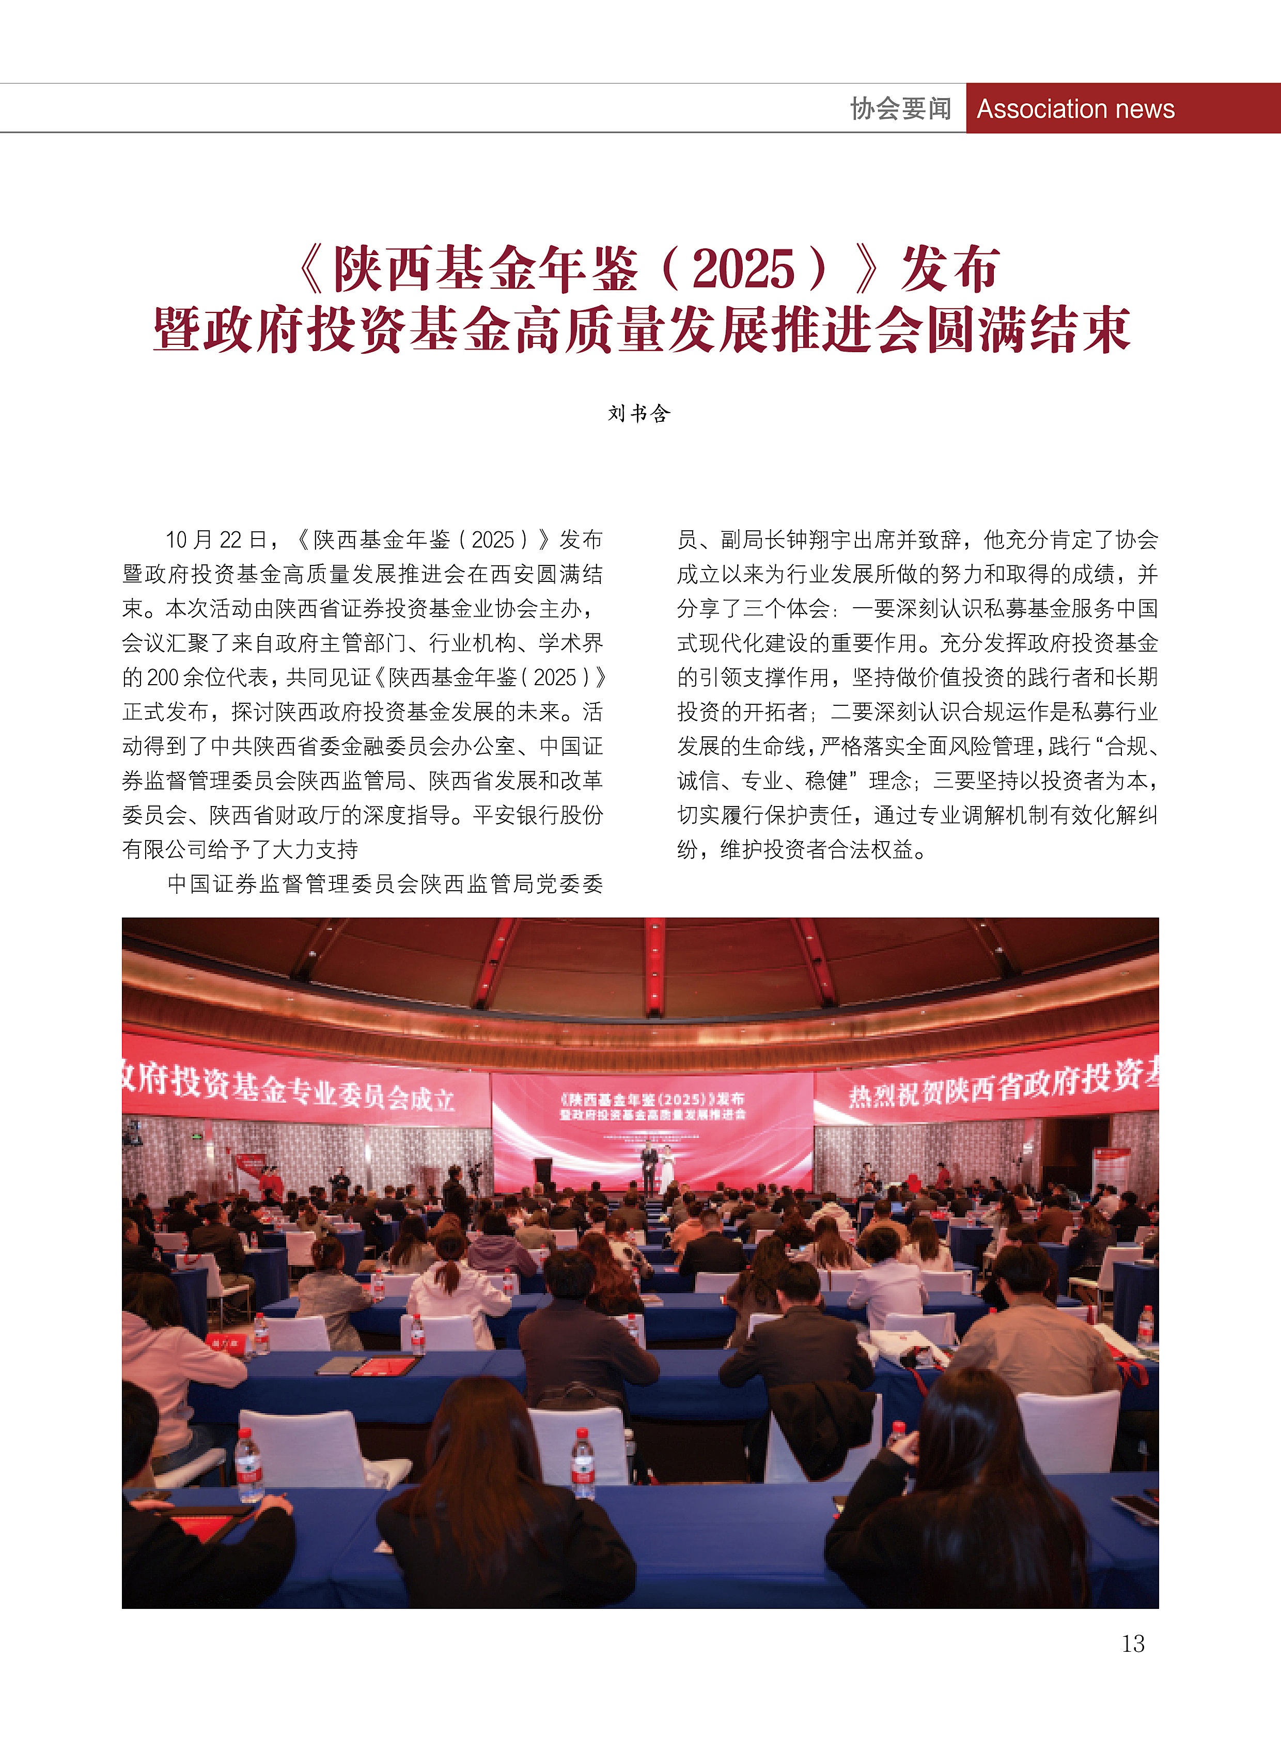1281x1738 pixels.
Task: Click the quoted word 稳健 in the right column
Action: [826, 781]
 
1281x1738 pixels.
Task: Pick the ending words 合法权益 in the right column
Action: [871, 849]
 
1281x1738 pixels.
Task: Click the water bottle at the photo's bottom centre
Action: [583, 1467]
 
